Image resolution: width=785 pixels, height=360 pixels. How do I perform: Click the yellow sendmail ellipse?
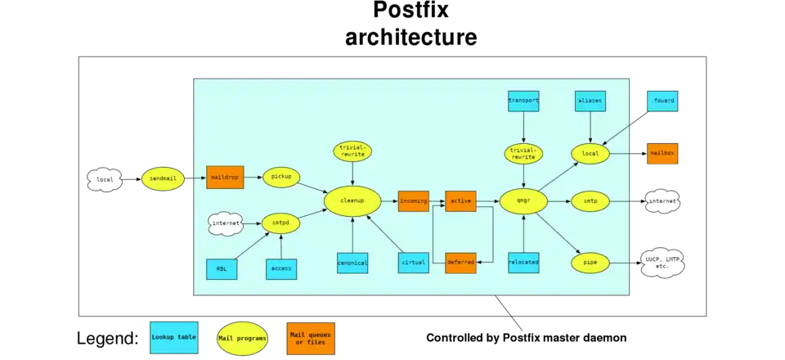163,178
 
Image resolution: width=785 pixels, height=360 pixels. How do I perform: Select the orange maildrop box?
224,178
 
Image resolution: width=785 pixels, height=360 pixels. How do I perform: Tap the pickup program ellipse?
281,177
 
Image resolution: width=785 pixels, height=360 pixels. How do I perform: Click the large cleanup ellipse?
353,200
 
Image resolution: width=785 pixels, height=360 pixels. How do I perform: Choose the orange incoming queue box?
413,200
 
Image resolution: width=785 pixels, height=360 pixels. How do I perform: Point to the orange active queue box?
460,200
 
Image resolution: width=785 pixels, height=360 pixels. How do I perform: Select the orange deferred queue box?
460,263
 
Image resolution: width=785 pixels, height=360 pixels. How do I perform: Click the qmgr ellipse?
523,200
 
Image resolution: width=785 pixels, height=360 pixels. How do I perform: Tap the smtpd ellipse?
281,222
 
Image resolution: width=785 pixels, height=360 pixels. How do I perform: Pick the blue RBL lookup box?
222,268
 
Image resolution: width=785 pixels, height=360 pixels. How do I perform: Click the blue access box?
281,268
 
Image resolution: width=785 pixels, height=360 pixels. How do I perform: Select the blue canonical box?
352,263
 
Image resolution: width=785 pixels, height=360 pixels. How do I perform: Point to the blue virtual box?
413,263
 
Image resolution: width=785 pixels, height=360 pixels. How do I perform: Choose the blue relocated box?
523,263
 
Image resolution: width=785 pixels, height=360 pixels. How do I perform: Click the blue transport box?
523,101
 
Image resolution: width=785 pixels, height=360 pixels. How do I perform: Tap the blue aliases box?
590,101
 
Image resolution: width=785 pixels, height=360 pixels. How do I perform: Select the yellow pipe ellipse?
590,263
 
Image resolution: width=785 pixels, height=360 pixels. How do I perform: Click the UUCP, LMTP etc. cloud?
662,263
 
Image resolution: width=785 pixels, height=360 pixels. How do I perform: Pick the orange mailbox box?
662,153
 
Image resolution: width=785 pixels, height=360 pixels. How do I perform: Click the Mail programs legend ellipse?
241,337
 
